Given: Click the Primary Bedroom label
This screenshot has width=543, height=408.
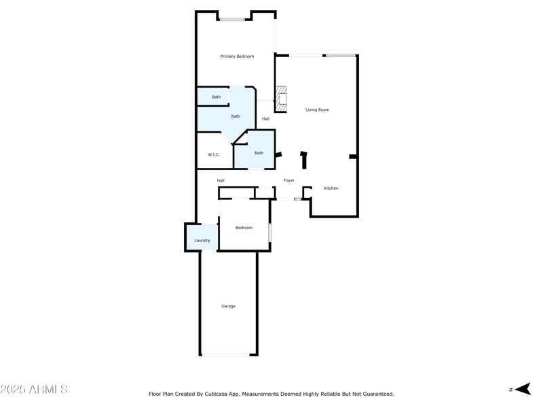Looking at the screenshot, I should (x=237, y=56).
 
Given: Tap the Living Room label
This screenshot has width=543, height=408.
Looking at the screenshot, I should (x=317, y=109).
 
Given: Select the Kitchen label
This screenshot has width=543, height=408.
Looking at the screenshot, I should (x=331, y=188).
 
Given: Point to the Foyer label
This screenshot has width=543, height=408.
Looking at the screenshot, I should (x=288, y=180).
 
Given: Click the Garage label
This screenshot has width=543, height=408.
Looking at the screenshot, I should (x=228, y=307).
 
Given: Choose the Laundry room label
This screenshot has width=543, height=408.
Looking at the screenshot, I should (x=202, y=241).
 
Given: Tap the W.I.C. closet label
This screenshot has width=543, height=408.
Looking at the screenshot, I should (x=214, y=155).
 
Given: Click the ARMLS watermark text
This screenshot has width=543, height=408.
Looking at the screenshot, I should (x=34, y=390).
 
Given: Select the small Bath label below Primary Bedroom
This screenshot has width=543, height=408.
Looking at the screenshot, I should (x=216, y=97).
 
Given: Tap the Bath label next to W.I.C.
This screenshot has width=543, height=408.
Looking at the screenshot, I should (x=259, y=153).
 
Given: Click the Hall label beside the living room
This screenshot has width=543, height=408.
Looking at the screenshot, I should (x=265, y=119).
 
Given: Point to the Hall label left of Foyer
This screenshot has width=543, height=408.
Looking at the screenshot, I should (x=221, y=180).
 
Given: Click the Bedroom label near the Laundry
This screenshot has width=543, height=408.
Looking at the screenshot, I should (x=244, y=228).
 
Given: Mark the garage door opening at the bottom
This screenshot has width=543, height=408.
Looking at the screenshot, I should (x=228, y=354).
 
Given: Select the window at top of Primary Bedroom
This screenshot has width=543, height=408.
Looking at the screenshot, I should (x=232, y=20).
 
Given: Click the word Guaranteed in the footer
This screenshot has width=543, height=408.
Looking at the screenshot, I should (x=377, y=394).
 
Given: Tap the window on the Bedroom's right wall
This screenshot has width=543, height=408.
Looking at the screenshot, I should (x=269, y=233).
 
